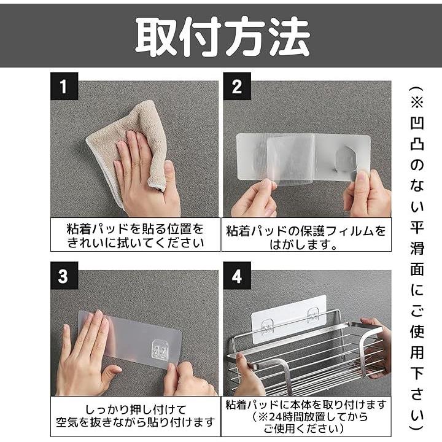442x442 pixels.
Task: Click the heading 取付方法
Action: pyautogui.click(x=223, y=36)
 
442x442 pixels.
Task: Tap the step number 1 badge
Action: pyautogui.click(x=64, y=86)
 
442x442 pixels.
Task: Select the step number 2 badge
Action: pyautogui.click(x=237, y=86)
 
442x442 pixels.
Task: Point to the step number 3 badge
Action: pyautogui.click(x=64, y=276)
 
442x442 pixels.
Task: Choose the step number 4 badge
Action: pyautogui.click(x=237, y=276)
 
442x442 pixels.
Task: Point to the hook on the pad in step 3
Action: pyautogui.click(x=161, y=351)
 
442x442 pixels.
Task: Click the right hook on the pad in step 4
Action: pyautogui.click(x=313, y=315)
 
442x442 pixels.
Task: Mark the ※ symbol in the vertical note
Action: pyautogui.click(x=417, y=102)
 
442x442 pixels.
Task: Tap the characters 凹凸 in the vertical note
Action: pyautogui.click(x=417, y=134)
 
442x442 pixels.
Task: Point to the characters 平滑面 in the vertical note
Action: pyautogui.click(x=417, y=248)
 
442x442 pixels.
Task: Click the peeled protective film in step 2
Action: pyautogui.click(x=290, y=159)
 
